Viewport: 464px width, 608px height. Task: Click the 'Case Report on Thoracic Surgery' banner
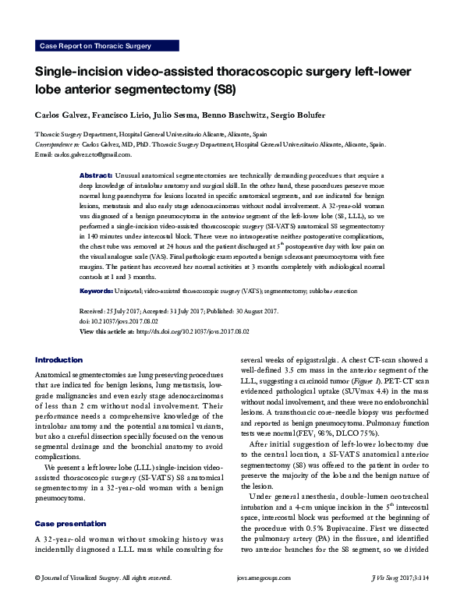click(94, 46)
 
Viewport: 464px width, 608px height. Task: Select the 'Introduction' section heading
click(58, 359)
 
